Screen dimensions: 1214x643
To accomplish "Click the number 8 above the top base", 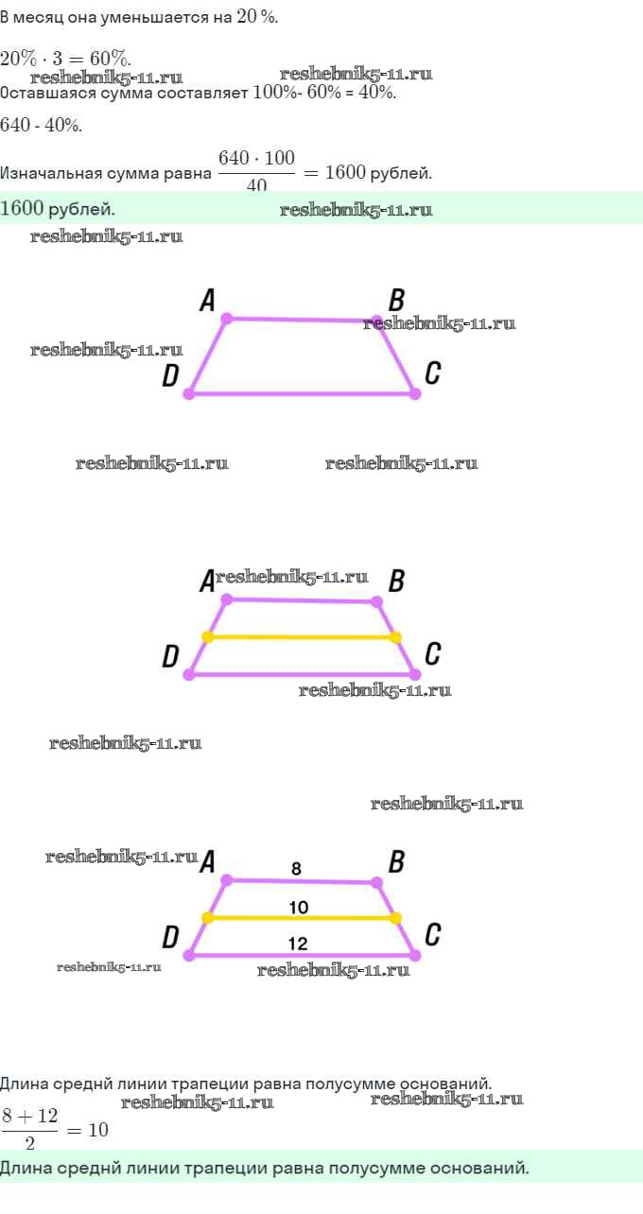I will click(296, 868).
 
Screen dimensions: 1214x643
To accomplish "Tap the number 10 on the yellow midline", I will click(298, 908).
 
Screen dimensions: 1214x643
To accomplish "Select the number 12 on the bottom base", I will click(298, 944).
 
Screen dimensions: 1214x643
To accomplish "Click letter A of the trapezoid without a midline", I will click(207, 301).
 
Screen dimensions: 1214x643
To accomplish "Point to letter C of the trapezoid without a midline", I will click(432, 373).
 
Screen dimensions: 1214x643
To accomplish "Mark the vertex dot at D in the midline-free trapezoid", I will click(188, 393).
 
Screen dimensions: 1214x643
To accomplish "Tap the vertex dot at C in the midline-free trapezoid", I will click(414, 393).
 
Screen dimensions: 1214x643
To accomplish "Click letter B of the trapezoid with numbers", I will click(397, 861).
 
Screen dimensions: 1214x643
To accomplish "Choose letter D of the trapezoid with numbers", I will click(170, 937).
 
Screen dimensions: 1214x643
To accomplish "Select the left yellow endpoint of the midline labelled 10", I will click(207, 917).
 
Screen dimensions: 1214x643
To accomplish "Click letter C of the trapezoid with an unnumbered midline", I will click(432, 653).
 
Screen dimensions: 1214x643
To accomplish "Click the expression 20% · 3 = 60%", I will click(66, 58).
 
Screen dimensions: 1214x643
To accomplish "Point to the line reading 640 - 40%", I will click(42, 125).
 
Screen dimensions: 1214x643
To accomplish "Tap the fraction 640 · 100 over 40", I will click(256, 171).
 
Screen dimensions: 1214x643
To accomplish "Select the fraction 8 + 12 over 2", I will click(30, 1129).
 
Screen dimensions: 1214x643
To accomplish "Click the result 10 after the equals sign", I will click(98, 1130).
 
